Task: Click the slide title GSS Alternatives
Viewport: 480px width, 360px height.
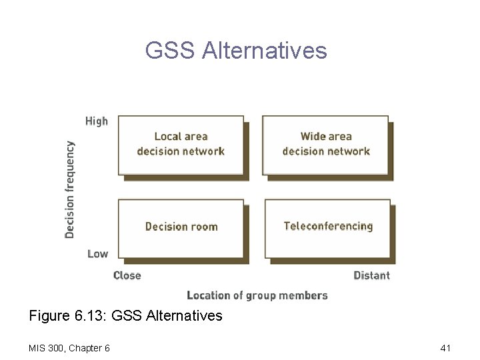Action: (x=236, y=51)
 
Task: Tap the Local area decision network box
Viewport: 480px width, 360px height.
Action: (x=181, y=145)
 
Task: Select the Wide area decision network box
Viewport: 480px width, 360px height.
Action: (x=325, y=145)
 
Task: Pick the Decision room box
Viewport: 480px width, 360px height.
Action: (x=181, y=227)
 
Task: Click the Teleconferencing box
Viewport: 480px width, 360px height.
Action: (x=327, y=227)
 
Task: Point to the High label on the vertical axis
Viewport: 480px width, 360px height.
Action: (x=97, y=121)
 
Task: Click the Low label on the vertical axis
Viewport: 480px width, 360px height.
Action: (x=97, y=254)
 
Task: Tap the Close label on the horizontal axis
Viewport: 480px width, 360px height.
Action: (x=127, y=275)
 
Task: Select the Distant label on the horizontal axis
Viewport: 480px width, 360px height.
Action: (x=371, y=275)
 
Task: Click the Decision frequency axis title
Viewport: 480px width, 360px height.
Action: (x=70, y=189)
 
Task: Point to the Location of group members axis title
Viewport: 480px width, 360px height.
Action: (x=257, y=295)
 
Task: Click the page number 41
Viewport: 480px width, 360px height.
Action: (x=446, y=348)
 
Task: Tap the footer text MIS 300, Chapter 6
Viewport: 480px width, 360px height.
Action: (x=69, y=348)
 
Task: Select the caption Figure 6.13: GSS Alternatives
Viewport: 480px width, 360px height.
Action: (x=126, y=315)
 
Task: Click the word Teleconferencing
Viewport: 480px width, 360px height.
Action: (x=328, y=226)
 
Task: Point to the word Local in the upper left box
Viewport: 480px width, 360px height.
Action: (x=167, y=137)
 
